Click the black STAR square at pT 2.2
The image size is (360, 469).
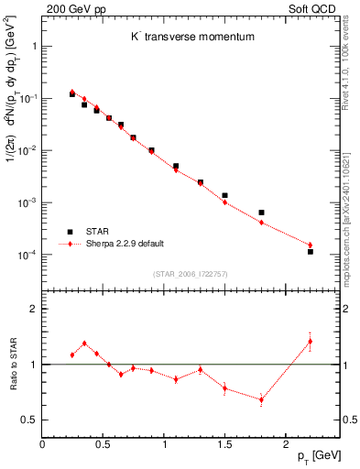tap(310, 251)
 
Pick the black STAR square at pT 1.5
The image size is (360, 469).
tap(224, 195)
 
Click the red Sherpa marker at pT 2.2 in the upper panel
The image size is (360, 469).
tap(310, 245)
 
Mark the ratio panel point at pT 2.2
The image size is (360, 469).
tap(310, 342)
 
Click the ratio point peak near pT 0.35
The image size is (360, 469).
tap(84, 344)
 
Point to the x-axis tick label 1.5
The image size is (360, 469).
tap(224, 443)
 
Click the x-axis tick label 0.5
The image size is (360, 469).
tap(103, 443)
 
